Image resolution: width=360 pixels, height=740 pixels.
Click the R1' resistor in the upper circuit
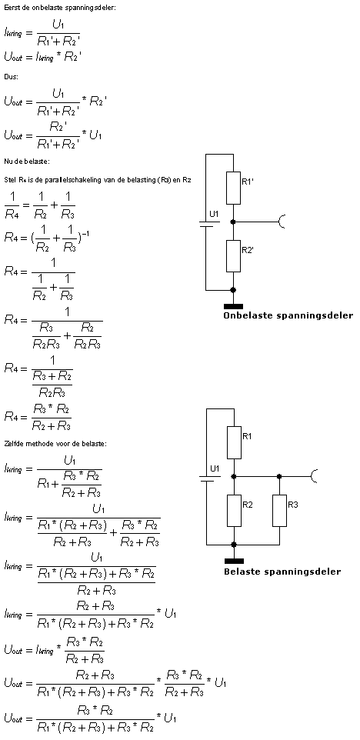point(233,188)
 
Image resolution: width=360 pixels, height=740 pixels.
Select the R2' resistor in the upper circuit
point(233,256)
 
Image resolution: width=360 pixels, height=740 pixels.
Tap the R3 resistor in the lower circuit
point(279,511)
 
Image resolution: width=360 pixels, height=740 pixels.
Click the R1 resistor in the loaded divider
point(234,442)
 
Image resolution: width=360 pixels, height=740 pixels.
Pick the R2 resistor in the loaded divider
point(234,511)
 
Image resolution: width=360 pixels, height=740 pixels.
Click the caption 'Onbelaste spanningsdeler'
point(288,315)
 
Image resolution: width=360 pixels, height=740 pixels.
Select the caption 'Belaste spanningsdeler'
point(282,572)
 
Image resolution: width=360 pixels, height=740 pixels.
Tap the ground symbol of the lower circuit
point(234,561)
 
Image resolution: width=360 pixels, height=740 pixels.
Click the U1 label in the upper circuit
point(214,214)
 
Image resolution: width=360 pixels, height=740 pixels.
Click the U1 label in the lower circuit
point(215,468)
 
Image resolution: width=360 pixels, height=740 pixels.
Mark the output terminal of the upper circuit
point(282,222)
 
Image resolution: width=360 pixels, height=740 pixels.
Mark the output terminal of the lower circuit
point(314,476)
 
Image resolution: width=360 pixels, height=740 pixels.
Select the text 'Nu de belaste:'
point(27,162)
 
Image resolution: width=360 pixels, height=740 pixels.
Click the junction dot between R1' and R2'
point(233,222)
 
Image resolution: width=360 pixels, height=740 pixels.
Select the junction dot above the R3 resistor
point(279,477)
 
